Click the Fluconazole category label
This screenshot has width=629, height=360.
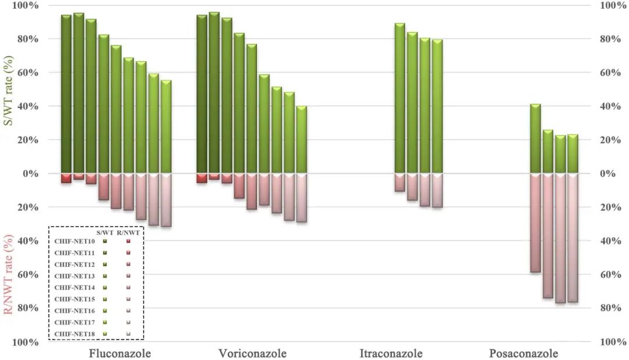[119, 354]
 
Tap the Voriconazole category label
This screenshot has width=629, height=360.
[253, 354]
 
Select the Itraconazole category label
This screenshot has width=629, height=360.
[391, 354]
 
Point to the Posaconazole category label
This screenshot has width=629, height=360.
[524, 354]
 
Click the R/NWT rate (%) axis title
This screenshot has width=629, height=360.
[9, 273]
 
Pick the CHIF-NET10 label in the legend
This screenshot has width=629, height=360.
[74, 241]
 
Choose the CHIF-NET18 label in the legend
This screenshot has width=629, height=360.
[74, 334]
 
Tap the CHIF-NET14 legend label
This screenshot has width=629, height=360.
[74, 287]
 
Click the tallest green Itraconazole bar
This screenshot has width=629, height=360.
[400, 98]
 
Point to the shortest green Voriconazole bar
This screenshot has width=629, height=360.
[302, 140]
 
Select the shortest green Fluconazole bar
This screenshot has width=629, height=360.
[166, 127]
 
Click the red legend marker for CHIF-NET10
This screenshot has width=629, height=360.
[128, 241]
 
